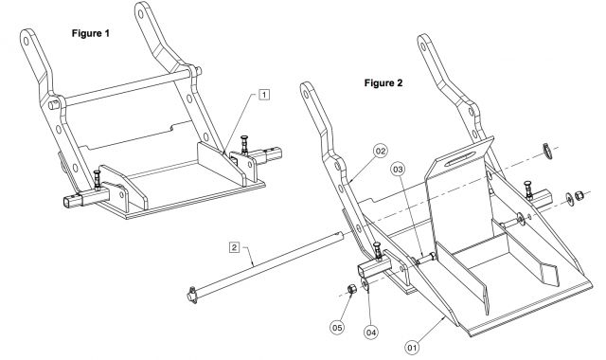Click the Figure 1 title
coord(91,33)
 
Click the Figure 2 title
coord(383,82)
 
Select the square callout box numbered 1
coord(264,95)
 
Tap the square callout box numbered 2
coord(234,247)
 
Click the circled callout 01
coord(413,348)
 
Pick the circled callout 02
coord(381,151)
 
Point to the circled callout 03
coord(398,169)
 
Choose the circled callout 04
coord(371,332)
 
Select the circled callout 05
coord(337,328)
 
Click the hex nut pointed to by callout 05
coord(351,289)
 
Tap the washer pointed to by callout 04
coord(365,285)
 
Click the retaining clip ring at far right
coord(547,151)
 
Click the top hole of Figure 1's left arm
coord(27,41)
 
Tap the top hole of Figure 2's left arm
coord(306,94)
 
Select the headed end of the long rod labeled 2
coord(192,296)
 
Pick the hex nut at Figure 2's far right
coord(579,196)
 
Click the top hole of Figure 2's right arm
coord(423,46)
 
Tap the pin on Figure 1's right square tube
coord(244,145)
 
